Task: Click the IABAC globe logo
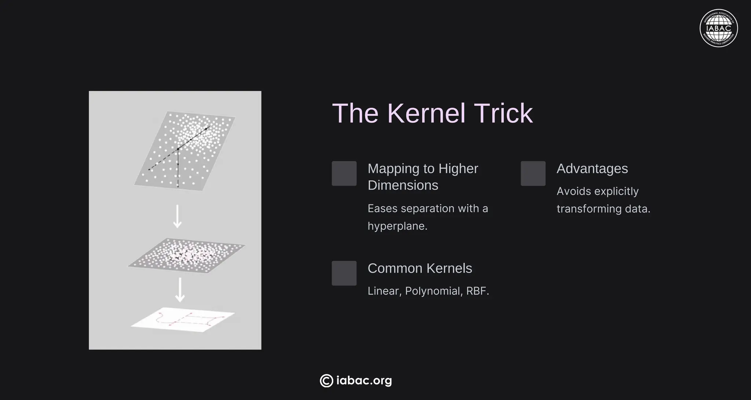coord(719,28)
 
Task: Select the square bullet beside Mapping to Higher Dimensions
coord(344,173)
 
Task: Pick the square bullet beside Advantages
coord(533,173)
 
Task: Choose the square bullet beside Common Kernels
coord(344,273)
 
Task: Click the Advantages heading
coord(592,169)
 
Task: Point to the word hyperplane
coord(397,226)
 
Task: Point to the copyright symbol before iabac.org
coord(326,381)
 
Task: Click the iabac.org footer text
coord(364,381)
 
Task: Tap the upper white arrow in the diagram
coord(177,216)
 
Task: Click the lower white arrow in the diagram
coord(180,290)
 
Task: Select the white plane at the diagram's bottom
coord(183,320)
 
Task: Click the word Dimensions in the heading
coord(403,185)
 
